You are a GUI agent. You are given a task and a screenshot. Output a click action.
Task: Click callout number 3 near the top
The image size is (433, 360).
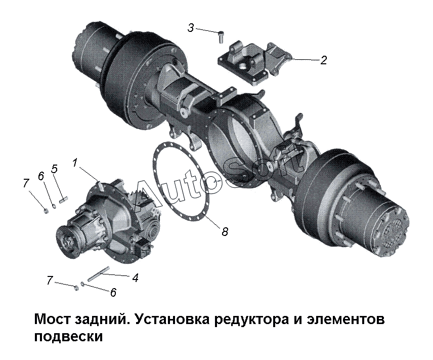(x=191, y=28)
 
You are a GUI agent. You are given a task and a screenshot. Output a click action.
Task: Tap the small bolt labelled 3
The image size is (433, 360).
(x=221, y=37)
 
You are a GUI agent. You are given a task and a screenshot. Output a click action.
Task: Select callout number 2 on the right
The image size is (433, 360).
(x=324, y=60)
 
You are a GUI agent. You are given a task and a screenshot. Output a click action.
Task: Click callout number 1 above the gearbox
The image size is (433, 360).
(x=75, y=163)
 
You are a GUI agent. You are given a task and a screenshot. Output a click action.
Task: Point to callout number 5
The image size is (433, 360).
(x=55, y=169)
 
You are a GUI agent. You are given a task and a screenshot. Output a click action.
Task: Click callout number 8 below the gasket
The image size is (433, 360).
(x=225, y=231)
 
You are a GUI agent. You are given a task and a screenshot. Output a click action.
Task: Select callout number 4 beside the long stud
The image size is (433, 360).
(x=135, y=277)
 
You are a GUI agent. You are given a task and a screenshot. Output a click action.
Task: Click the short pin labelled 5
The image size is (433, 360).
(x=64, y=199)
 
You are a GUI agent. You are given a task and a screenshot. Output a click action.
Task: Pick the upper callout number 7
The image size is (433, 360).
(x=26, y=183)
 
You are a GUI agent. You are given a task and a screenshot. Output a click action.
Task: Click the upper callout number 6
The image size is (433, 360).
(x=41, y=176)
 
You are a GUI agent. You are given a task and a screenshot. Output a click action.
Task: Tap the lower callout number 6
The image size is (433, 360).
(x=113, y=292)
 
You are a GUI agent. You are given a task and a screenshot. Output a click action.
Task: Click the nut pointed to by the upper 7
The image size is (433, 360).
(x=47, y=211)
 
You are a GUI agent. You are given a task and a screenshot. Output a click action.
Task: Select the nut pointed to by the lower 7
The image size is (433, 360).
(x=77, y=288)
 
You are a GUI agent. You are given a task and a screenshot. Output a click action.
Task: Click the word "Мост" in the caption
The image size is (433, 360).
(x=52, y=319)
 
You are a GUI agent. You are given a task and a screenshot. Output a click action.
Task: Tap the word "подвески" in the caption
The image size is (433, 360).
(x=68, y=337)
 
